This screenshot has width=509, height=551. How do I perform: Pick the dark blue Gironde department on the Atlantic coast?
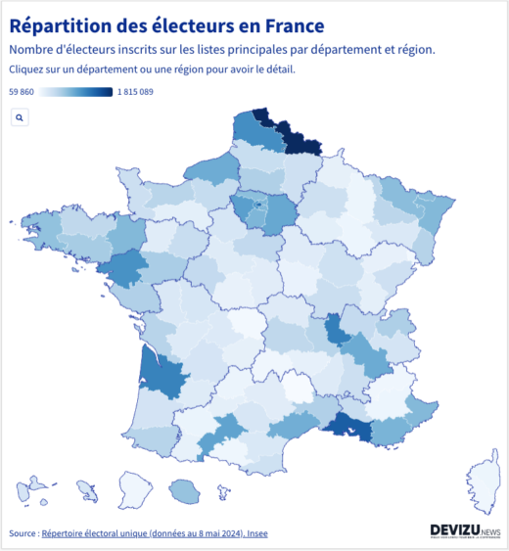[161, 372]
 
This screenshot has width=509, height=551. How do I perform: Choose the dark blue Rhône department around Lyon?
[336, 329]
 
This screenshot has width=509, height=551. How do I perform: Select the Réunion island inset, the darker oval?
[183, 488]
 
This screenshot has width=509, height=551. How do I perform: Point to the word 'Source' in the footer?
[22, 533]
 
